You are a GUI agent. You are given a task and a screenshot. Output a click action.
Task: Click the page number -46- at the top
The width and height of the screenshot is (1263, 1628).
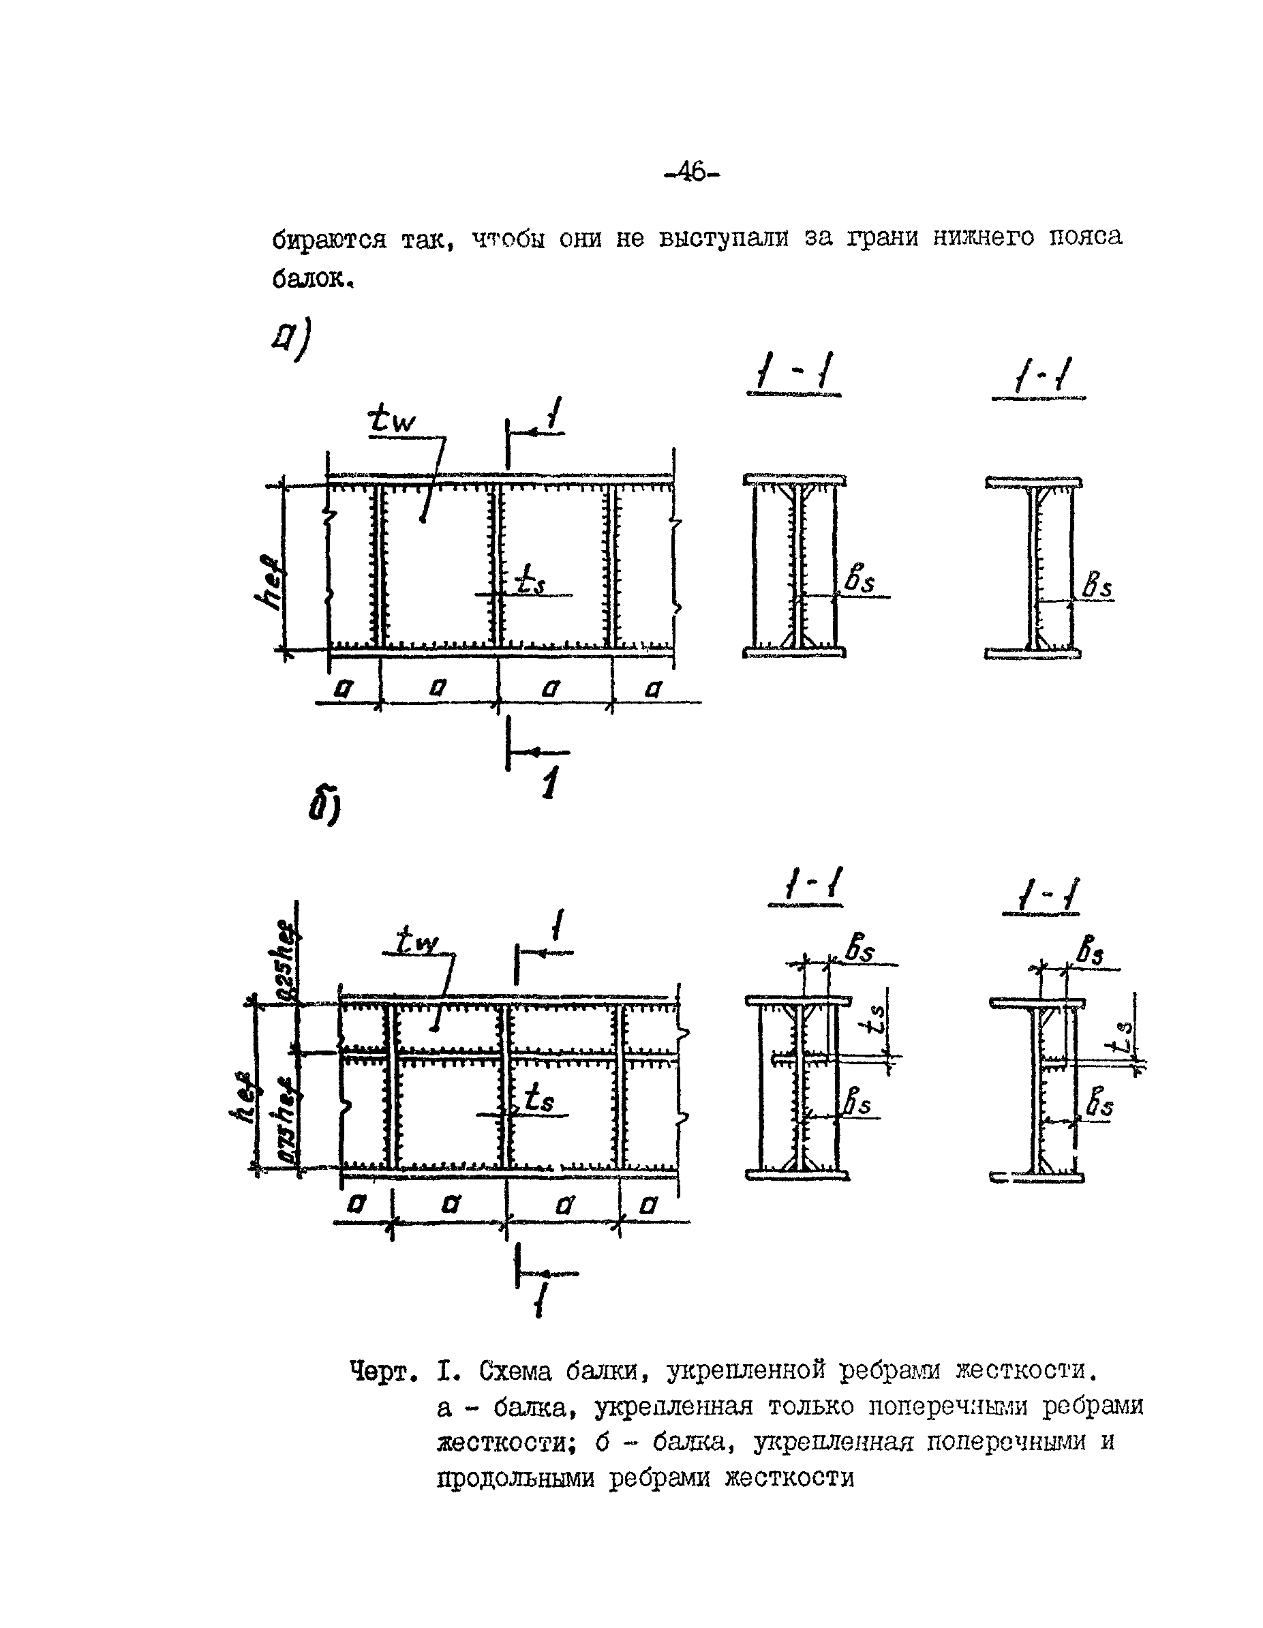coord(693,173)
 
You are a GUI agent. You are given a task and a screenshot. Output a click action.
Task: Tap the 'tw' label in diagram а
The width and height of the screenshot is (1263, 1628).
coord(392,421)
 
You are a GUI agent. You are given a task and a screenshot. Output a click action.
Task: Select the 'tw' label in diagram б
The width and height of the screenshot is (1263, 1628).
coord(416,941)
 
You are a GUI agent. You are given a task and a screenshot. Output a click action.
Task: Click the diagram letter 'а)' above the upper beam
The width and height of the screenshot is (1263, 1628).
coord(290,340)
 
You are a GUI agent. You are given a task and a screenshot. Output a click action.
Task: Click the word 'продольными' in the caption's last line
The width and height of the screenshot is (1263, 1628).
coord(516,1477)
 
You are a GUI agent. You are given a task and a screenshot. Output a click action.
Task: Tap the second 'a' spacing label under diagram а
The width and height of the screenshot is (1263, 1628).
coord(438,688)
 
